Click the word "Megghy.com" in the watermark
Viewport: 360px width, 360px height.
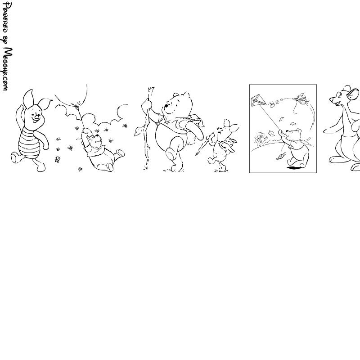8,69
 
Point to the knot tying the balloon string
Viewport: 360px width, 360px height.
77,105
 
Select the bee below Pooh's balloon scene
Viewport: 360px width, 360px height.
80,169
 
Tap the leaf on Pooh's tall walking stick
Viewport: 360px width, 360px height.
139,131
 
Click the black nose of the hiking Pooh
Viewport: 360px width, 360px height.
166,106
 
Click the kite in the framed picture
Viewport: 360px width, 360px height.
258,100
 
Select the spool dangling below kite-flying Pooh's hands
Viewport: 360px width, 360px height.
281,157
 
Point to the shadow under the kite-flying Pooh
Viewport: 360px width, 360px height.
294,168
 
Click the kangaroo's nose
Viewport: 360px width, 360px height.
331,99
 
